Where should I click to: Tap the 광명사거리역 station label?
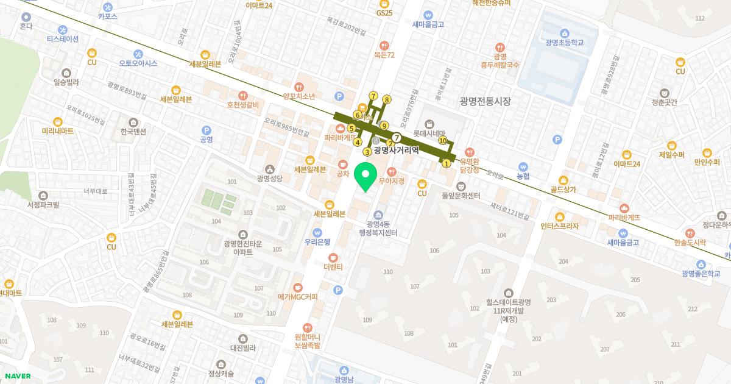click(397, 150)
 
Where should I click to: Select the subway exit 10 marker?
click(443, 141)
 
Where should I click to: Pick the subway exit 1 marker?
click(447, 163)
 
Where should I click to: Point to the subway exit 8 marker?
click(386, 99)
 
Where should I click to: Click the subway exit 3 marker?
click(367, 152)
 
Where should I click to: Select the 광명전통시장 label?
click(486, 101)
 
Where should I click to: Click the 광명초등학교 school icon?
click(565, 32)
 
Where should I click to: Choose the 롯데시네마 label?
click(430, 133)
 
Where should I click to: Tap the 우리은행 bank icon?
click(317, 232)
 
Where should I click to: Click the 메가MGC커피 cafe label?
click(298, 297)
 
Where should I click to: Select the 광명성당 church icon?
click(270, 168)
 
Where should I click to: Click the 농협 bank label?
click(523, 176)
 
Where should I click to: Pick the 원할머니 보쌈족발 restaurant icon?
click(307, 327)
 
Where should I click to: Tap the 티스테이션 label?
click(63, 38)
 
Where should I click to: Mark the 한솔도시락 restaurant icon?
click(690, 233)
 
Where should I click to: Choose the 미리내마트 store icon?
click(58, 121)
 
